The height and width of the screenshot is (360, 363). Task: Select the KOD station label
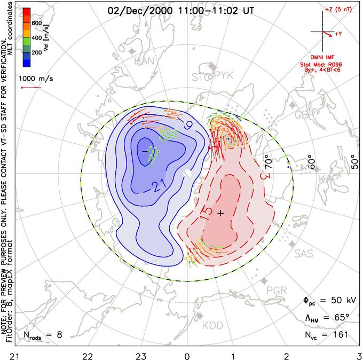pos(212,325)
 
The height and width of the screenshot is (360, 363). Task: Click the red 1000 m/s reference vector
pos(31,87)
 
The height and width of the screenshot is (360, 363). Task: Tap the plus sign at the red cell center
pos(221,213)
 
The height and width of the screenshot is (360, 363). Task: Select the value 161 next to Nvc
pos(340,335)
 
